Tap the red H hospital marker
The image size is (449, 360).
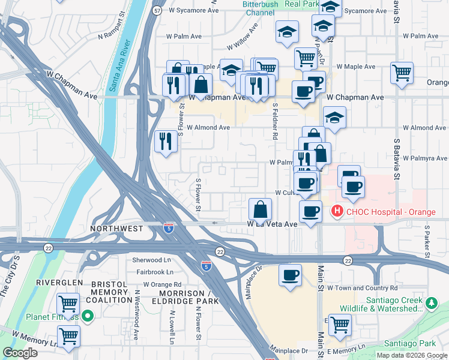[337, 211]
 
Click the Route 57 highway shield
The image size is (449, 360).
[157, 11]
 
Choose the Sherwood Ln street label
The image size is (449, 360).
[152, 260]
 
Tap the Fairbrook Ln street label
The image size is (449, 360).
[154, 272]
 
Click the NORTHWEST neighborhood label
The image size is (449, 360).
[116, 229]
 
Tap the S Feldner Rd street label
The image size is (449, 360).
[275, 121]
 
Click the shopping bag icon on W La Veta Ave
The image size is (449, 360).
[261, 210]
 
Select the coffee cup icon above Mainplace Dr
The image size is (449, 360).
[291, 275]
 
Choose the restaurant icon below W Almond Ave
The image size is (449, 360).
[165, 142]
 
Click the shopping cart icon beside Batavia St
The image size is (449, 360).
[402, 73]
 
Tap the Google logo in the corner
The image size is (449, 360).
[20, 353]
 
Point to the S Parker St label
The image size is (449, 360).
[427, 240]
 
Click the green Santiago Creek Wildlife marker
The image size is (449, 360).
[431, 304]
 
